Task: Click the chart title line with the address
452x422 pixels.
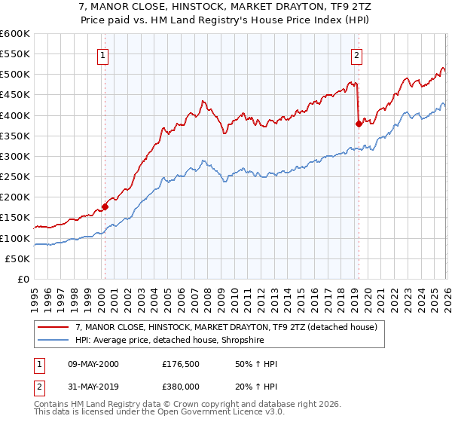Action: [x=225, y=6]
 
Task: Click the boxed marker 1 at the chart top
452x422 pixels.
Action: [x=102, y=54]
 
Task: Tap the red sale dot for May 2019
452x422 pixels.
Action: [x=358, y=124]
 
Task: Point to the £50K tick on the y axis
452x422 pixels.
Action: [x=18, y=258]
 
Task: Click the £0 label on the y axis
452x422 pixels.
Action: [x=24, y=279]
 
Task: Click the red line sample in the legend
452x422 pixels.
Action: [x=53, y=326]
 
